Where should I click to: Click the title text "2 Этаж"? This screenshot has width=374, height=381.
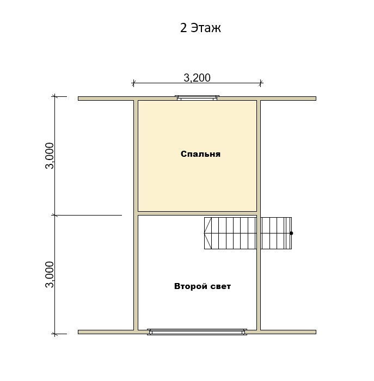pyautogui.click(x=200, y=28)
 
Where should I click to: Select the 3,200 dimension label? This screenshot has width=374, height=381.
pyautogui.click(x=197, y=78)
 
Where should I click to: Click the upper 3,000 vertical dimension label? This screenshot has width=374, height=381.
pyautogui.click(x=50, y=156)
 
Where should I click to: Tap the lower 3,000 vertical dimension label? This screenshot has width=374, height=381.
pyautogui.click(x=50, y=274)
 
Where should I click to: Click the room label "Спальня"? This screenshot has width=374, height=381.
pyautogui.click(x=200, y=154)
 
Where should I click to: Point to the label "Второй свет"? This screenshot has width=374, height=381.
pyautogui.click(x=203, y=286)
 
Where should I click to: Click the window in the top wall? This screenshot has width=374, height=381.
pyautogui.click(x=197, y=97)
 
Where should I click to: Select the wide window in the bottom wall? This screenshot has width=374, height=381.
pyautogui.click(x=197, y=332)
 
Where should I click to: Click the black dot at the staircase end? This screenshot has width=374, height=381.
pyautogui.click(x=291, y=233)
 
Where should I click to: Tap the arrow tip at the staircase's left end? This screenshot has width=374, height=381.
pyautogui.click(x=204, y=233)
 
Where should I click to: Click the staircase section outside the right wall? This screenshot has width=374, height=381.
pyautogui.click(x=277, y=233)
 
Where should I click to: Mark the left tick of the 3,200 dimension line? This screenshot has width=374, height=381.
pyautogui.click(x=133, y=83)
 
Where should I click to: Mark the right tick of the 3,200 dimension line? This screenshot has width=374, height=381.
pyautogui.click(x=261, y=83)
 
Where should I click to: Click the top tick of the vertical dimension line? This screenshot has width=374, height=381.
pyautogui.click(x=54, y=96)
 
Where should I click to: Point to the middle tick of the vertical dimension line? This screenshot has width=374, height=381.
pyautogui.click(x=54, y=216)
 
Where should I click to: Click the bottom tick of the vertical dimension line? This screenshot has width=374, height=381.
pyautogui.click(x=54, y=334)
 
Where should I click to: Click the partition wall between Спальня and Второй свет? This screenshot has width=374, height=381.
pyautogui.click(x=197, y=213)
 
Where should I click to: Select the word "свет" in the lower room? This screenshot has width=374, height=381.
pyautogui.click(x=220, y=286)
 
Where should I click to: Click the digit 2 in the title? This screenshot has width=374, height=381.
pyautogui.click(x=183, y=28)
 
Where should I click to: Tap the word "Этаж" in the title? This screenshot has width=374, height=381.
pyautogui.click(x=206, y=28)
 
